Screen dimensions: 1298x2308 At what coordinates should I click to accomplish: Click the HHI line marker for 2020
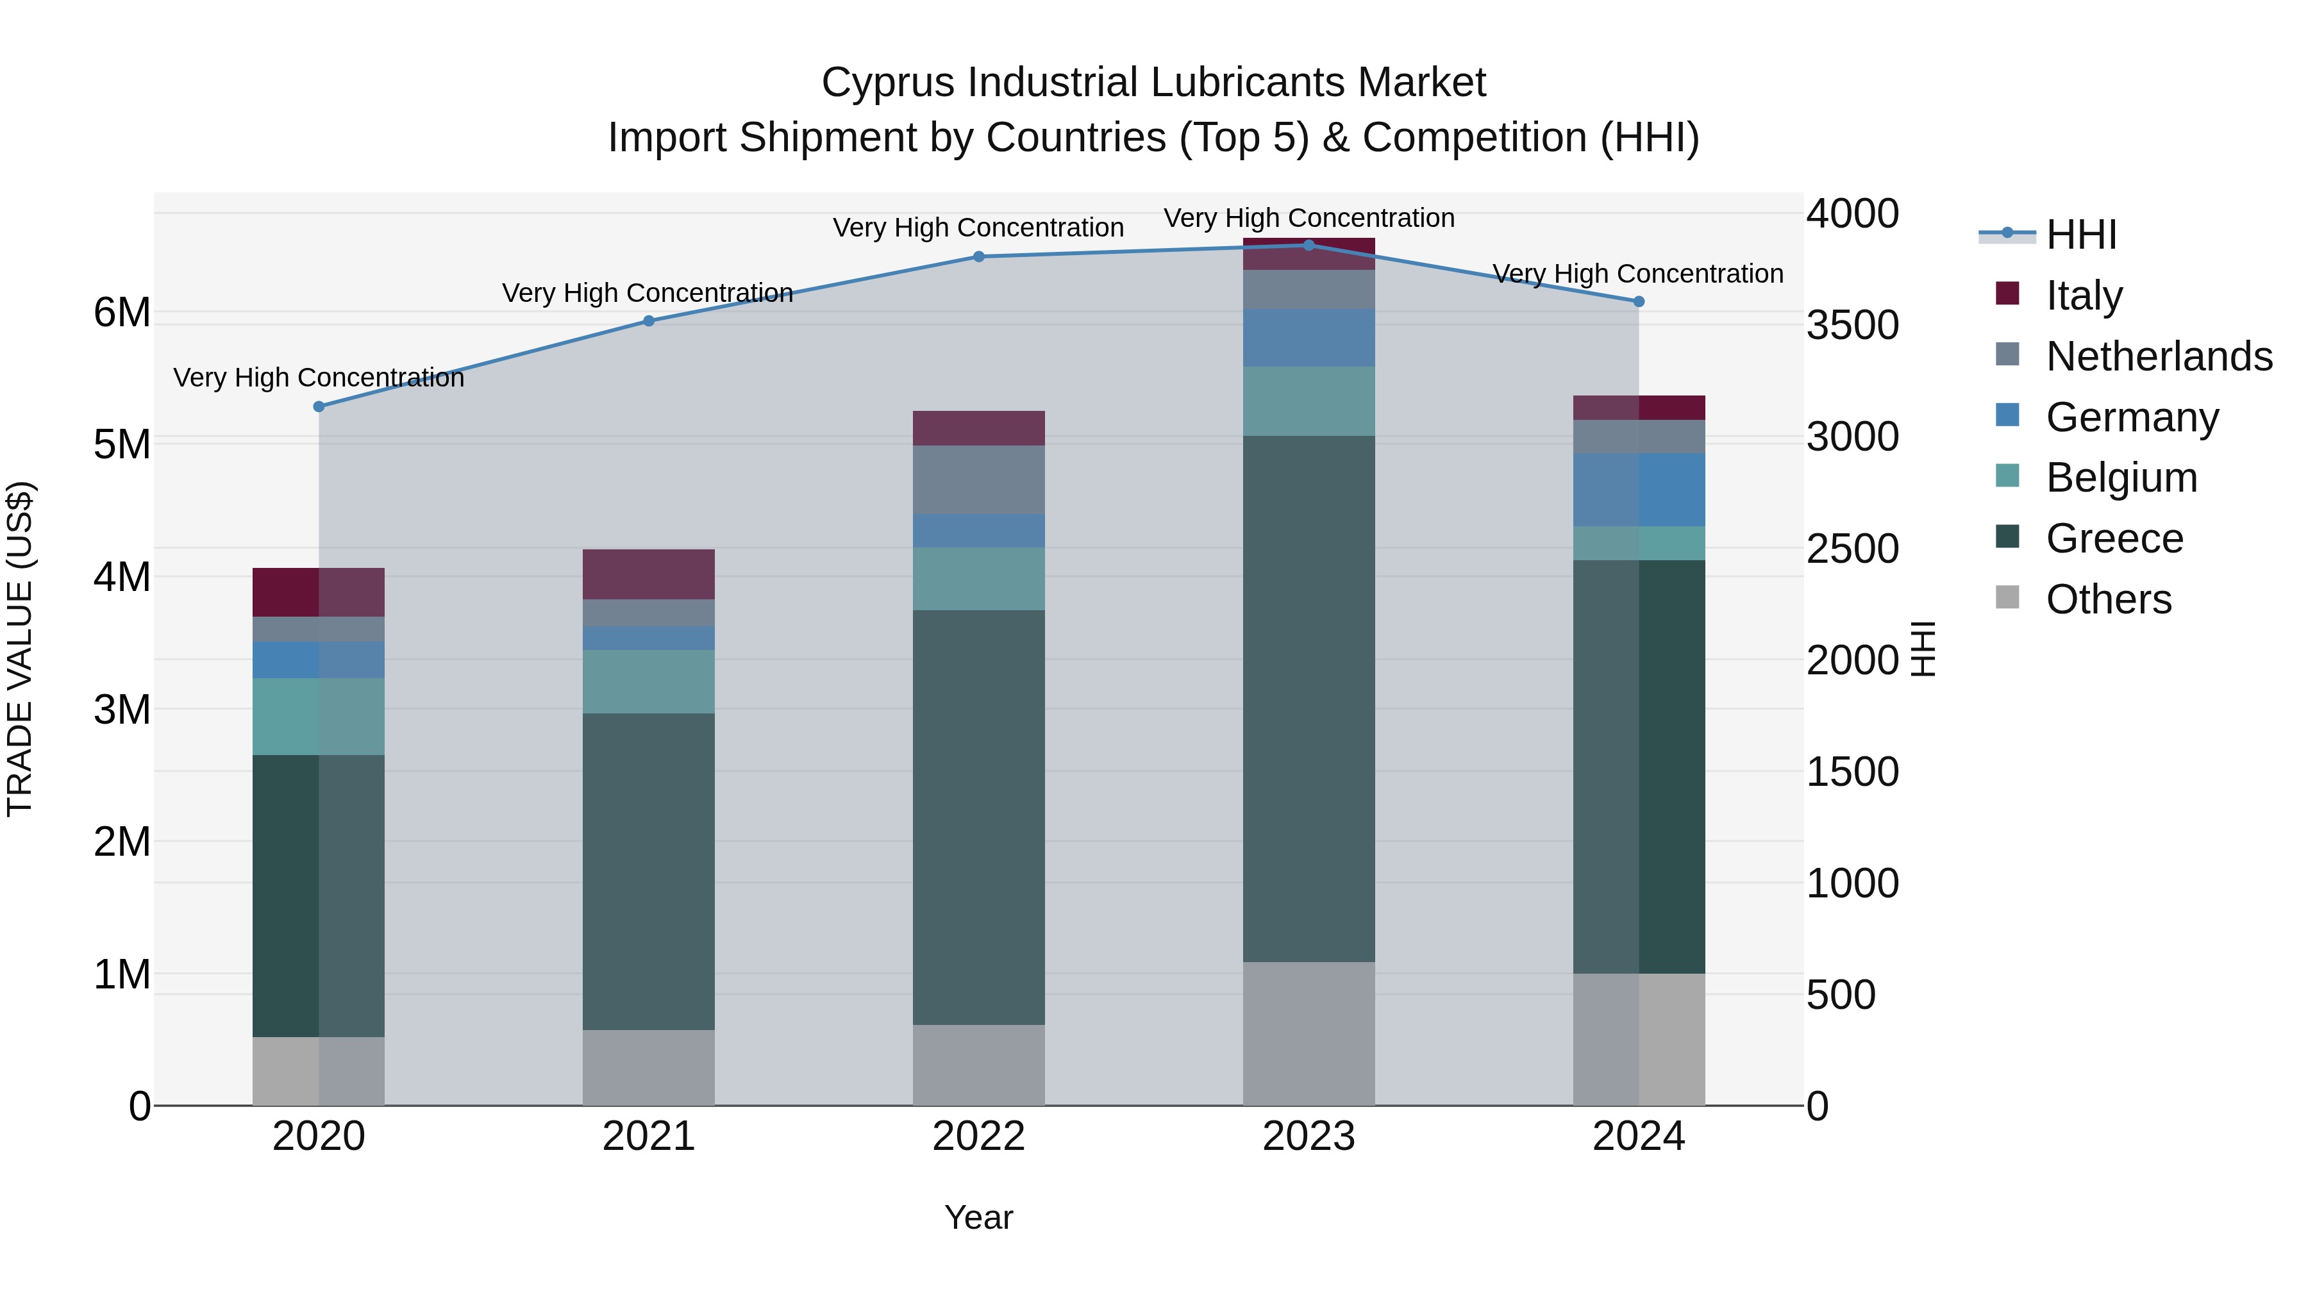(x=319, y=406)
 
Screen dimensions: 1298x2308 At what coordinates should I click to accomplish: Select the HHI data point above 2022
(x=978, y=257)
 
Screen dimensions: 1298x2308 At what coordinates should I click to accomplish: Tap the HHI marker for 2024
(x=1639, y=302)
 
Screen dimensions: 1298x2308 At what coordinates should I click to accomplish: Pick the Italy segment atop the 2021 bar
(x=649, y=574)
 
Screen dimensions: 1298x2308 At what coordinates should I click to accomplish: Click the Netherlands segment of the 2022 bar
(x=978, y=479)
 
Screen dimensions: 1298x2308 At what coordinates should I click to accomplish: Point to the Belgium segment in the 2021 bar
(x=649, y=682)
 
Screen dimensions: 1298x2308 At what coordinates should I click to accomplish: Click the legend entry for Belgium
(x=2121, y=478)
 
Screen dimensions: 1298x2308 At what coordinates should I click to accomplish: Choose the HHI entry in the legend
(x=2080, y=235)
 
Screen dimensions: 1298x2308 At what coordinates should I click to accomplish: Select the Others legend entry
(x=2108, y=599)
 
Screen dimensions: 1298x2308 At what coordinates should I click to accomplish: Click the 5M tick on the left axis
(x=122, y=444)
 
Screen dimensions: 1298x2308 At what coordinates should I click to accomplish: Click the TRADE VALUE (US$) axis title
(x=20, y=649)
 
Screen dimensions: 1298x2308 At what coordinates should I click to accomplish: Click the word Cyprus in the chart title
(x=888, y=83)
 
